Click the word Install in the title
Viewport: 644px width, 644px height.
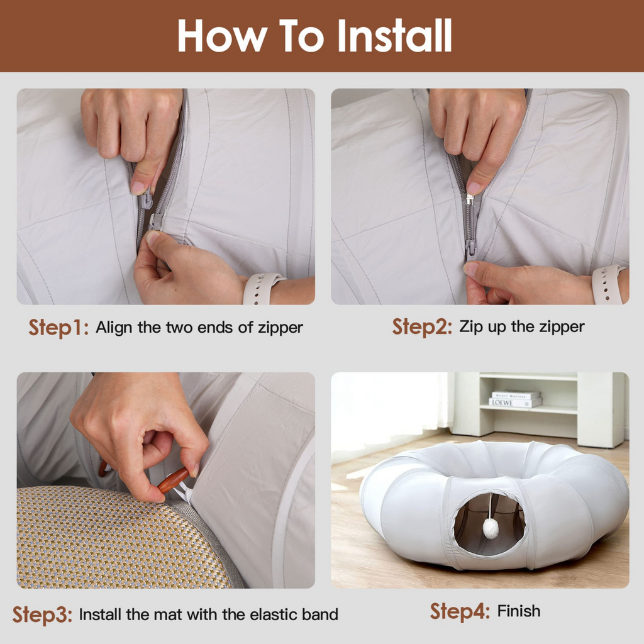coord(394,36)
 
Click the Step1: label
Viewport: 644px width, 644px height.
coord(58,328)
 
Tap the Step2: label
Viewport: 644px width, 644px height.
coord(422,327)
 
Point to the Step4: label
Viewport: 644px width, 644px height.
coord(460,611)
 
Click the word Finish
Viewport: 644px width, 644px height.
coord(519,611)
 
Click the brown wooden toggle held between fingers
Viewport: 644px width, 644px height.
coord(173,479)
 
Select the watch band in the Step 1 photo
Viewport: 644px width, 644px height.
coord(263,288)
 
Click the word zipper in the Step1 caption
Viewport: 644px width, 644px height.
coord(282,328)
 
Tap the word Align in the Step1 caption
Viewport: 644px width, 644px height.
coord(114,328)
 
